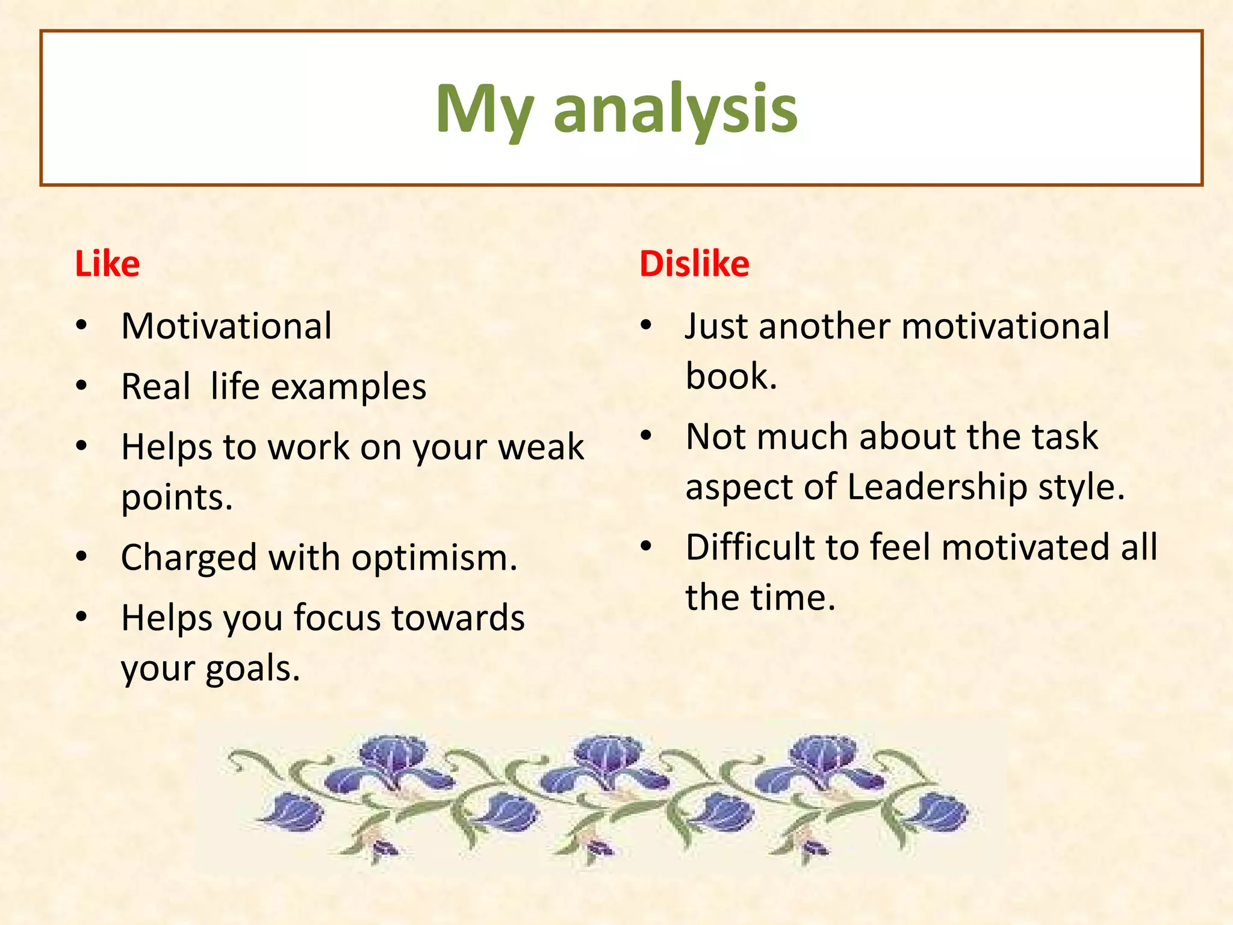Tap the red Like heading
click(x=107, y=264)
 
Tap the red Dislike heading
click(x=694, y=264)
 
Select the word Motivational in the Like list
click(x=226, y=326)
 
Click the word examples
click(x=349, y=387)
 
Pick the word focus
click(x=337, y=618)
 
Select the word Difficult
click(x=750, y=547)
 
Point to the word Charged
click(x=189, y=558)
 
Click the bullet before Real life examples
click(x=82, y=385)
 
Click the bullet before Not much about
click(x=646, y=435)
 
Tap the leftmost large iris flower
click(x=391, y=762)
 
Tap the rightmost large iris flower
click(x=822, y=762)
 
